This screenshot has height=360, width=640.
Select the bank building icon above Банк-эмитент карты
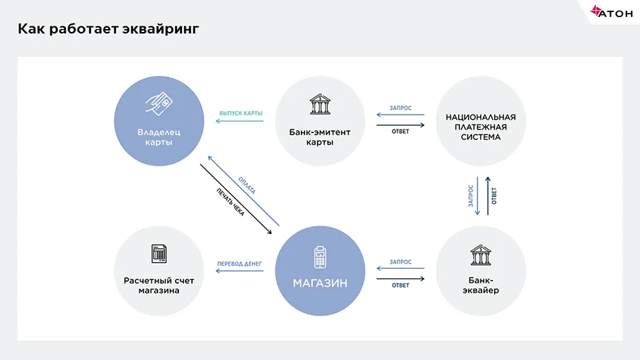320,106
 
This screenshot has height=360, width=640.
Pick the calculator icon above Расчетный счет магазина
159,253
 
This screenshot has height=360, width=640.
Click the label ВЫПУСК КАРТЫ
240,113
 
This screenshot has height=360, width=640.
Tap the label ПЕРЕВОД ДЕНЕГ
240,264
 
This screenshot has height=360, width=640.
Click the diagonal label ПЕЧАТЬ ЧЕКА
230,201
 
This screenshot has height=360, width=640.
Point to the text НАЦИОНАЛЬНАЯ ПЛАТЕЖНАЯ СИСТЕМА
481,127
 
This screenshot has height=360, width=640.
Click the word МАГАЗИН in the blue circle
320,283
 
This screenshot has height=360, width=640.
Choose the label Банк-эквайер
481,285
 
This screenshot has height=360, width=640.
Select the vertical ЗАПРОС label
471,196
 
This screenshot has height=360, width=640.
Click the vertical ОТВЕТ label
494,196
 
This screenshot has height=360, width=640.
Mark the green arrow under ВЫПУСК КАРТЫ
240,121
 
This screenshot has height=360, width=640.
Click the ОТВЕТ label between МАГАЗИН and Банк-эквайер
400,285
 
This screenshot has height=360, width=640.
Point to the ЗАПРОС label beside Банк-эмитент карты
400,108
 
